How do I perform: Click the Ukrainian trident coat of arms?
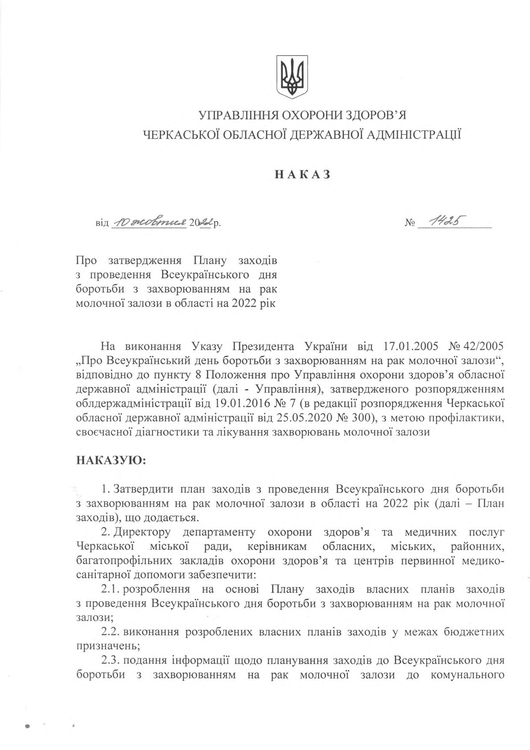click(x=292, y=77)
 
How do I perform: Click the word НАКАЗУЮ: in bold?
click(x=111, y=461)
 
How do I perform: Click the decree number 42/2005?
click(x=484, y=346)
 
